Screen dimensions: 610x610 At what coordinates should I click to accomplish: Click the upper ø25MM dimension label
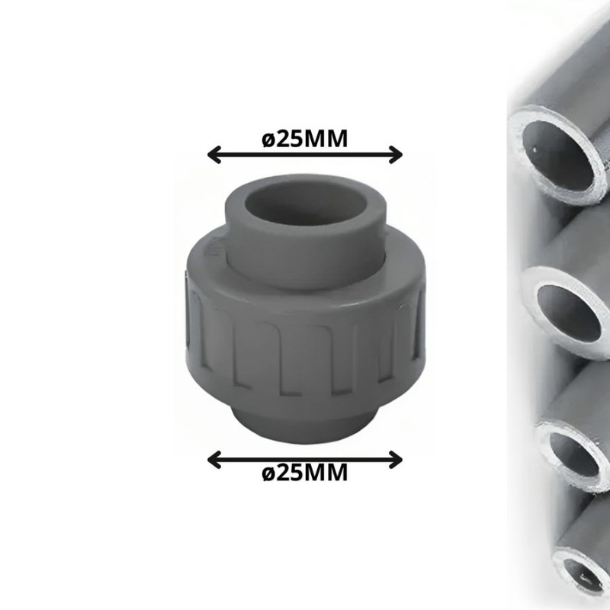tap(304, 139)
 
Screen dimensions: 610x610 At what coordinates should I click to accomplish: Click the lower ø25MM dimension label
tap(304, 473)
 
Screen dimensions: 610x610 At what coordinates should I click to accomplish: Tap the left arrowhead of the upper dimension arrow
tap(214, 155)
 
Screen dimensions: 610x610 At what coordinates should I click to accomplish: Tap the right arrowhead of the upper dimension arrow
tap(395, 155)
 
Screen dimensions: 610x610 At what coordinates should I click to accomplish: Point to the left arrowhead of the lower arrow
tap(214, 461)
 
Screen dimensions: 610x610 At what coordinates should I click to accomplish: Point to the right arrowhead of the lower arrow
tap(395, 461)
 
